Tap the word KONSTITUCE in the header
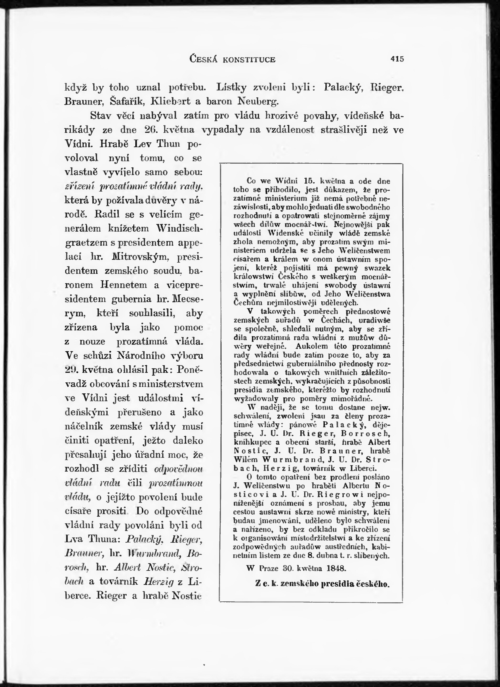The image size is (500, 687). pyautogui.click(x=249, y=59)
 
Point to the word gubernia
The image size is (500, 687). pyautogui.click(x=131, y=299)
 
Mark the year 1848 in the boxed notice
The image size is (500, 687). pyautogui.click(x=336, y=568)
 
